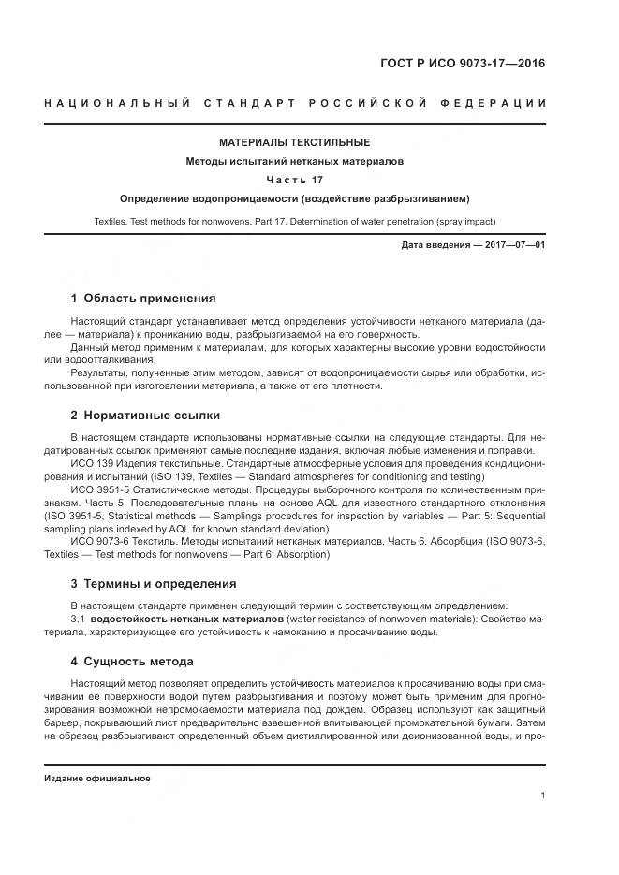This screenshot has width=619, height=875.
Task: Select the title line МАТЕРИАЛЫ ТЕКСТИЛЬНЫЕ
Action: [x=294, y=142]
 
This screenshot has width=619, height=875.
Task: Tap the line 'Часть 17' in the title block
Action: [x=294, y=180]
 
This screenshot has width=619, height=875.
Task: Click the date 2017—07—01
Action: [x=513, y=245]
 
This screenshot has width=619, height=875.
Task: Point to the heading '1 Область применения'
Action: [x=143, y=299]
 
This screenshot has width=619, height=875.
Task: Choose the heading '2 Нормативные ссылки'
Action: [x=145, y=416]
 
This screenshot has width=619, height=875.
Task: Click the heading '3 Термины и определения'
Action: [x=154, y=584]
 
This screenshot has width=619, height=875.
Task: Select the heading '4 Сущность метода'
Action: [x=133, y=663]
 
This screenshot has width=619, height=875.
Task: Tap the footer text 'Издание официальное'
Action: [x=96, y=779]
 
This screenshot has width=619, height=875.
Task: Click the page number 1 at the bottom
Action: [x=542, y=795]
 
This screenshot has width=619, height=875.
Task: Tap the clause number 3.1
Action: [x=78, y=620]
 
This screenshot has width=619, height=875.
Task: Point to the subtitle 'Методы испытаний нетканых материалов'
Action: [x=294, y=161]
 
